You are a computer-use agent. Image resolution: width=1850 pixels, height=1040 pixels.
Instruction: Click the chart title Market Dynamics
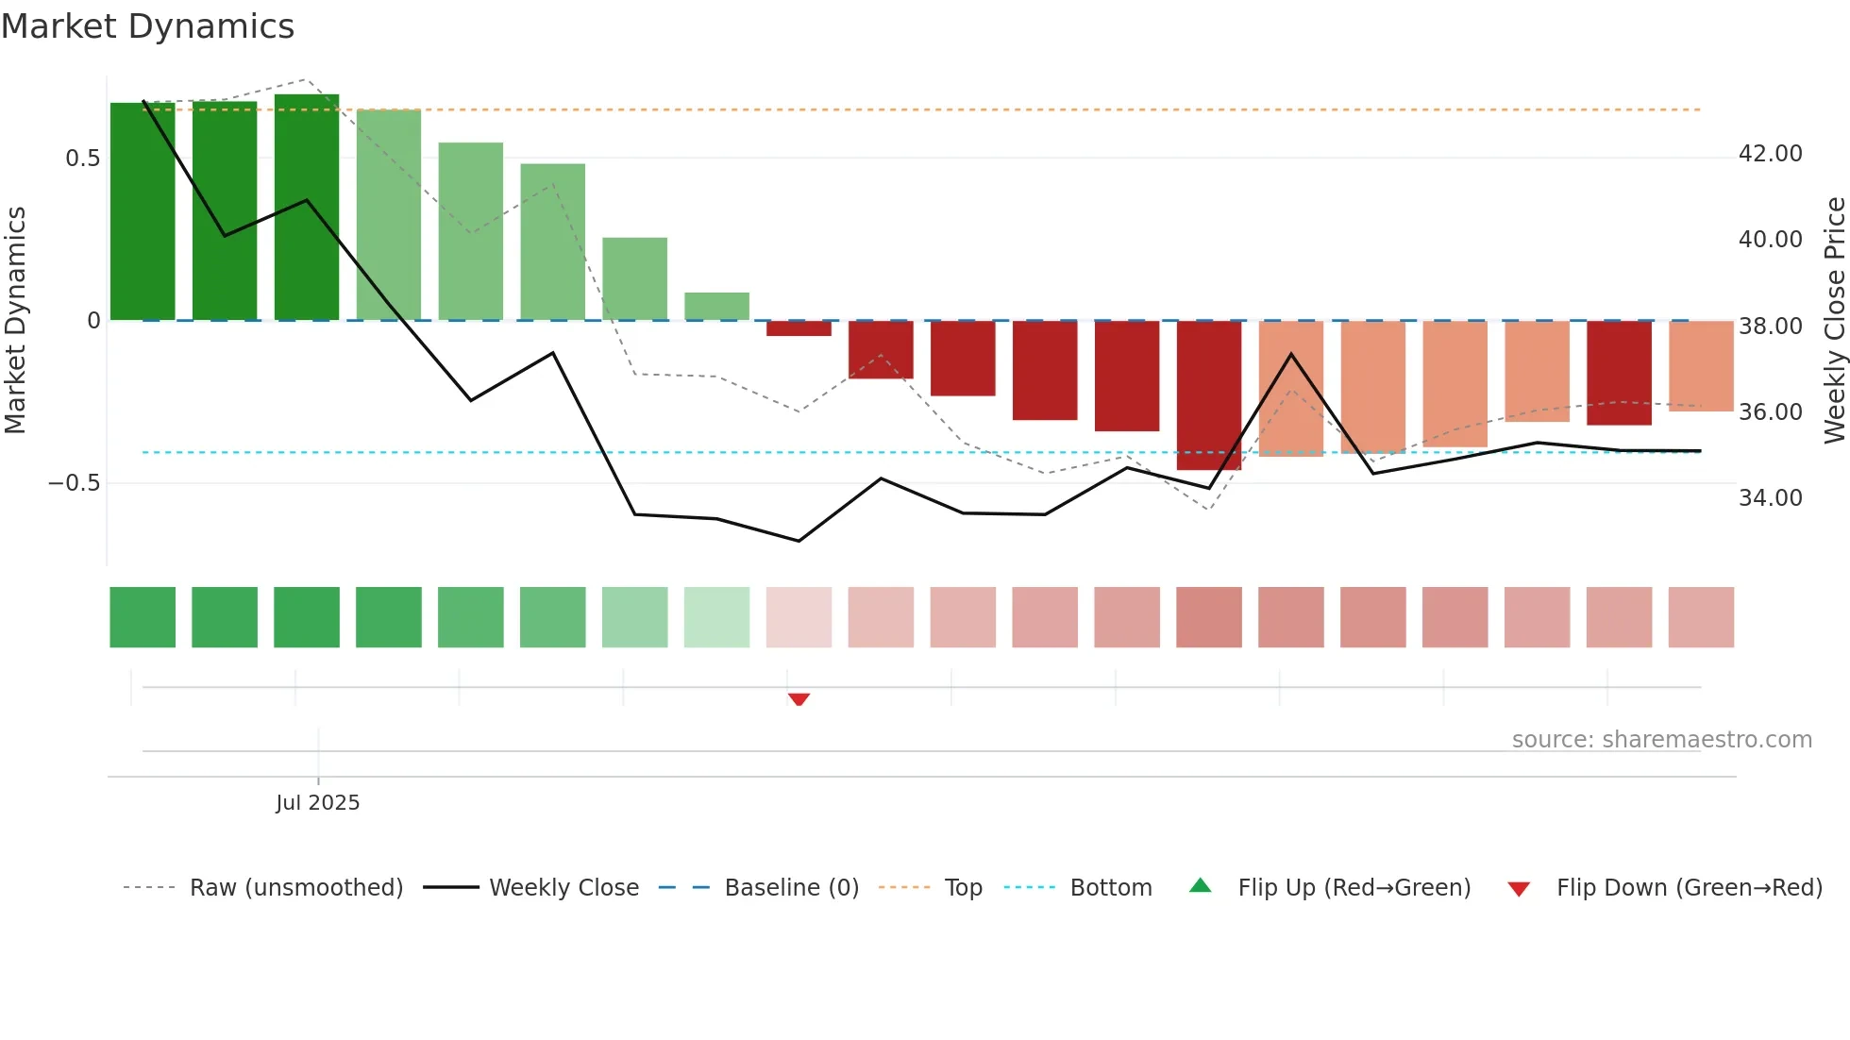click(147, 26)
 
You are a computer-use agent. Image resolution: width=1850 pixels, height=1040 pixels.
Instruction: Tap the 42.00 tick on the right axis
click(1770, 154)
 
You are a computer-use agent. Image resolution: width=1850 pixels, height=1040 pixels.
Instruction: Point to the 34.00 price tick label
click(1770, 498)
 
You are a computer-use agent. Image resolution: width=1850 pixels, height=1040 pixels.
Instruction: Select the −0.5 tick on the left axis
click(74, 483)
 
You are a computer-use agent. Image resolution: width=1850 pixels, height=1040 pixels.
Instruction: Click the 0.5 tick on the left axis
click(82, 159)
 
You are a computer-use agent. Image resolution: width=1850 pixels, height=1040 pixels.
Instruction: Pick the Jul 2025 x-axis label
click(317, 803)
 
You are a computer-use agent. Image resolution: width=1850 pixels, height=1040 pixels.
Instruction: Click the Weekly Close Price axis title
click(1834, 320)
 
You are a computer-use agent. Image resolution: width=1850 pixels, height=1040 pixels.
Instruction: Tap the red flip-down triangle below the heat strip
click(799, 699)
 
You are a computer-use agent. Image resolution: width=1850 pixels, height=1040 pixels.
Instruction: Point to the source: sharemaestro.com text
click(1661, 740)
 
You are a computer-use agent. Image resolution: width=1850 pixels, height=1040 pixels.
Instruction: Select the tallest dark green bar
click(307, 208)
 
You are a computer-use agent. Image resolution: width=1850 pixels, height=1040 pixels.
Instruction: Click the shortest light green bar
click(716, 307)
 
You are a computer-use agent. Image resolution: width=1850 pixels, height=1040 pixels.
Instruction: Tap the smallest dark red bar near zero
click(799, 328)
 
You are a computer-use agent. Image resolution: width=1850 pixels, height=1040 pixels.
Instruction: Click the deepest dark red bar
click(1209, 394)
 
